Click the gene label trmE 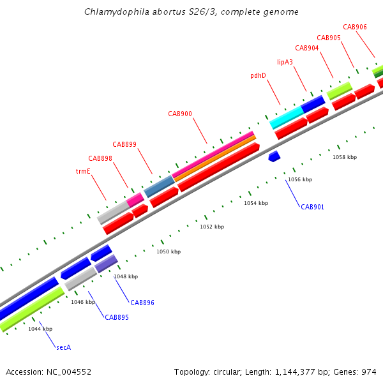tap(83, 171)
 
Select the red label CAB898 tap(100, 158)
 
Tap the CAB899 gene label tap(124, 144)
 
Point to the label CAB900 tap(180, 114)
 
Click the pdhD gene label tap(258, 75)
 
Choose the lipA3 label tap(285, 62)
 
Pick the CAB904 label tap(307, 48)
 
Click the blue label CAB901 tap(313, 207)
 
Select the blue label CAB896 tap(142, 303)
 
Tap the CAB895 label tap(117, 317)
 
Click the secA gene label tap(63, 347)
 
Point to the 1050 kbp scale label tap(169, 252)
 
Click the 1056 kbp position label tap(300, 179)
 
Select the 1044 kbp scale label tap(40, 329)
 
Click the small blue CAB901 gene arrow tap(274, 156)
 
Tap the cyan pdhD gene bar tap(286, 117)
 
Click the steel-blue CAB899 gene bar tap(160, 186)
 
